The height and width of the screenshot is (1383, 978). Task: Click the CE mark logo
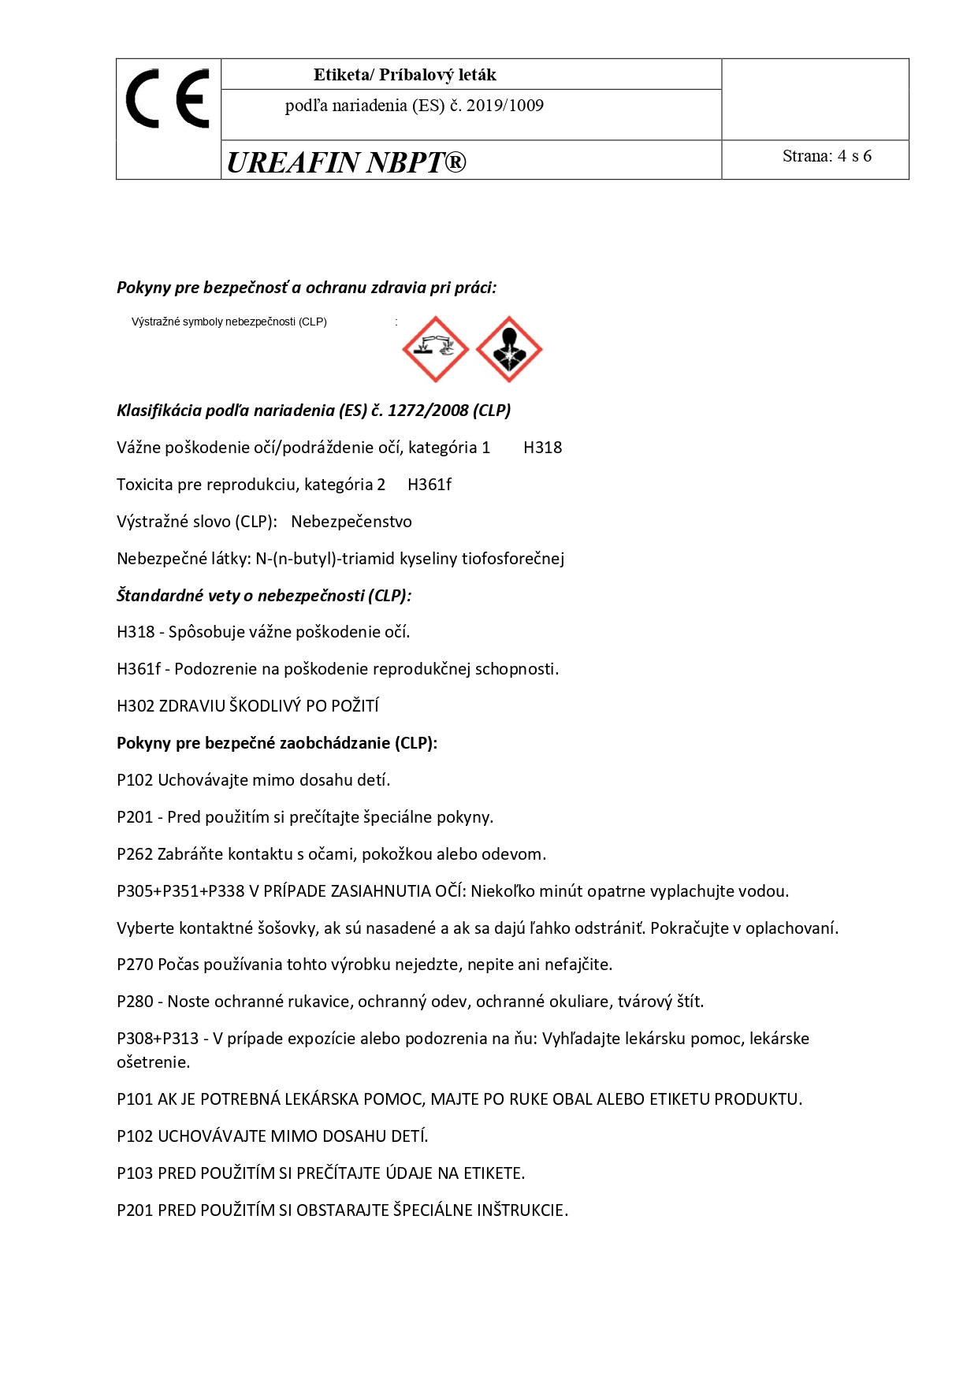click(168, 99)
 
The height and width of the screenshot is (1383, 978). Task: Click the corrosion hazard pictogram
click(435, 349)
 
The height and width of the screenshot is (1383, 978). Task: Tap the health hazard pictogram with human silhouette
click(509, 349)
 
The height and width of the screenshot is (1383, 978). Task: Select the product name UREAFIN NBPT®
click(346, 162)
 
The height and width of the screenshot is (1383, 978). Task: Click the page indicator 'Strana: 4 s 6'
click(827, 156)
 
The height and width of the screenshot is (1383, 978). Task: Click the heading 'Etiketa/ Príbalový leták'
click(404, 75)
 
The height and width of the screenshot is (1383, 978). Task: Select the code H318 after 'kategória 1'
click(542, 448)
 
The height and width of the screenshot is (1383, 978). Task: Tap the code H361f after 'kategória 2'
click(429, 485)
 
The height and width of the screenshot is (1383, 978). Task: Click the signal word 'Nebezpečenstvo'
click(351, 522)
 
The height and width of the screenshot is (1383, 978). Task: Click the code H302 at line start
click(136, 706)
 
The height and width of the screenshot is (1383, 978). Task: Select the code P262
click(135, 854)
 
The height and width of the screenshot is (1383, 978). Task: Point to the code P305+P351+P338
click(180, 891)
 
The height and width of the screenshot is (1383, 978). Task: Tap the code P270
click(135, 965)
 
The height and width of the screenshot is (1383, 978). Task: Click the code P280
click(135, 1002)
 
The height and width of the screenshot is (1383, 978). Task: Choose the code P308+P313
click(158, 1039)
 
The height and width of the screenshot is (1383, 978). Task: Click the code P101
click(135, 1099)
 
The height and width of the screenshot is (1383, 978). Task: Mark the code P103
click(135, 1173)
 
